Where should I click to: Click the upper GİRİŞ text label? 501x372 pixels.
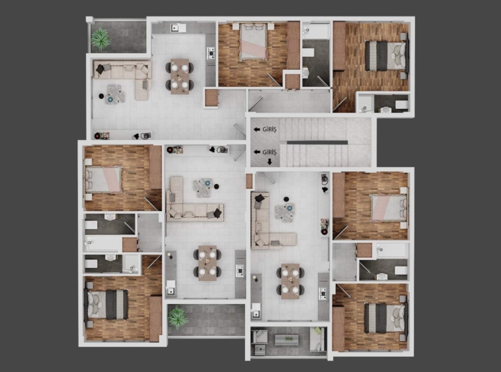coord(270,129)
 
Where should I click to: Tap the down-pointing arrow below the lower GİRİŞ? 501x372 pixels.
coord(270,162)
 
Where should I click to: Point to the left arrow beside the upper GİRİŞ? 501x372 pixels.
coord(256,129)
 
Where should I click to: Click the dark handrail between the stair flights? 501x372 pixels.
coord(317,142)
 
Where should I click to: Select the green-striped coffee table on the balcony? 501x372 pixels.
coord(287,340)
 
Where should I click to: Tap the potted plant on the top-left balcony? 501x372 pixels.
coord(100,39)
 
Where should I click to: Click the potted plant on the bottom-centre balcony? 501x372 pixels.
coord(178,317)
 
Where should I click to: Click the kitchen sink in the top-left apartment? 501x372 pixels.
coord(174,28)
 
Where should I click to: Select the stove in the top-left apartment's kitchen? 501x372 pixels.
coord(211,53)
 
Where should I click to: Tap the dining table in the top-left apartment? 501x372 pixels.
coord(180,77)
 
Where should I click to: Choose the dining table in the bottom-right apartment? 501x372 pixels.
coord(290,281)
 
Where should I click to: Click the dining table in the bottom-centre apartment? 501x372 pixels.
coord(208,263)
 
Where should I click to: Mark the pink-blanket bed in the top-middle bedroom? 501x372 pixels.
coord(253,42)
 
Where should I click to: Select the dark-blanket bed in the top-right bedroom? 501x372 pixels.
coord(387,56)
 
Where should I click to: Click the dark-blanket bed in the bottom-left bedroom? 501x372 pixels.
coord(106,304)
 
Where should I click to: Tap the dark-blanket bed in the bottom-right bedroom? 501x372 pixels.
coord(386,318)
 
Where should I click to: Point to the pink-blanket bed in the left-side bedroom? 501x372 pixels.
coord(104,179)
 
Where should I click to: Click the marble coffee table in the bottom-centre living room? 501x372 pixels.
coord(202,187)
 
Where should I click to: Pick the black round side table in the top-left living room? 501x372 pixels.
coord(101,96)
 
